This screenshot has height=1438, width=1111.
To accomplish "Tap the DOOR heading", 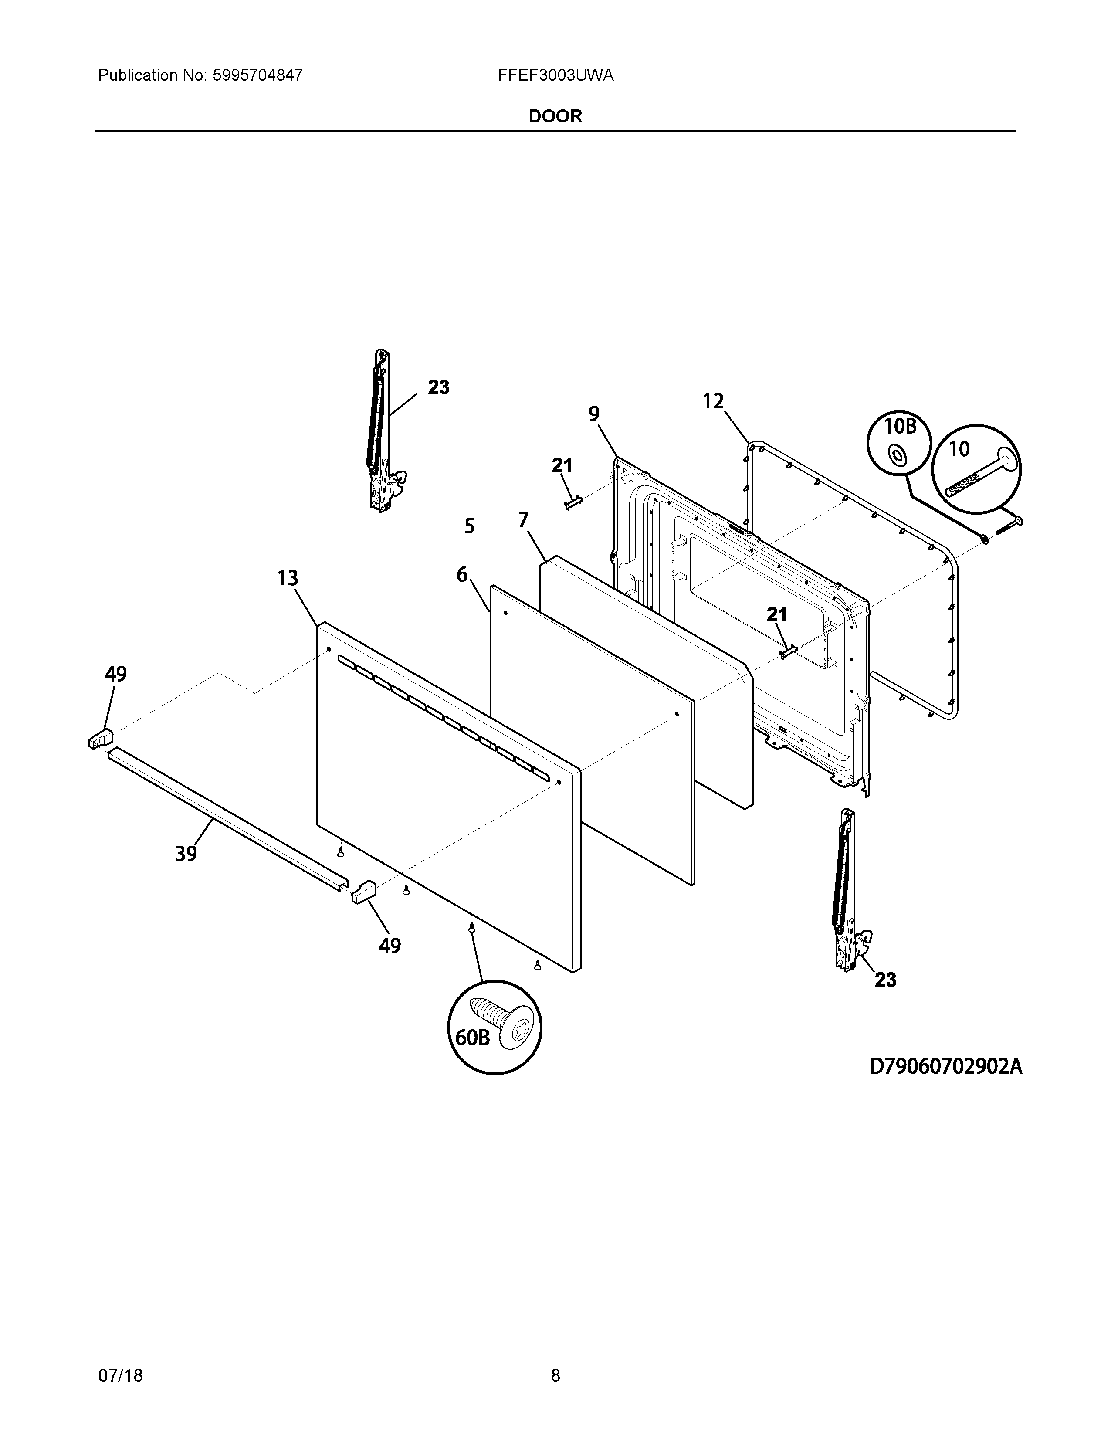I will pyautogui.click(x=555, y=116).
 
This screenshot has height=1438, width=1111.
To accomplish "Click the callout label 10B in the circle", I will pyautogui.click(x=900, y=427).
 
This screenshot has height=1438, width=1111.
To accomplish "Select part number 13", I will pyautogui.click(x=288, y=579).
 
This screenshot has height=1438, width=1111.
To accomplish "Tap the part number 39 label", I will pyautogui.click(x=186, y=854).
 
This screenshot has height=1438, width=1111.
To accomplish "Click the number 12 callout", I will pyautogui.click(x=714, y=401).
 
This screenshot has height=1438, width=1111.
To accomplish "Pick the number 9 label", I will pyautogui.click(x=594, y=414).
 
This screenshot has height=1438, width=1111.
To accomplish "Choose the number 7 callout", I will pyautogui.click(x=523, y=521).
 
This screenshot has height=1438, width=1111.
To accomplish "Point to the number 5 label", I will pyautogui.click(x=469, y=526).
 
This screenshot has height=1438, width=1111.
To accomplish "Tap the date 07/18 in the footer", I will pyautogui.click(x=120, y=1357).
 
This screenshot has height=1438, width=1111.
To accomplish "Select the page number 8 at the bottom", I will pyautogui.click(x=555, y=1357).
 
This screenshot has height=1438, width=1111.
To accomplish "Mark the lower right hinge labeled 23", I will pyautogui.click(x=847, y=889).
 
